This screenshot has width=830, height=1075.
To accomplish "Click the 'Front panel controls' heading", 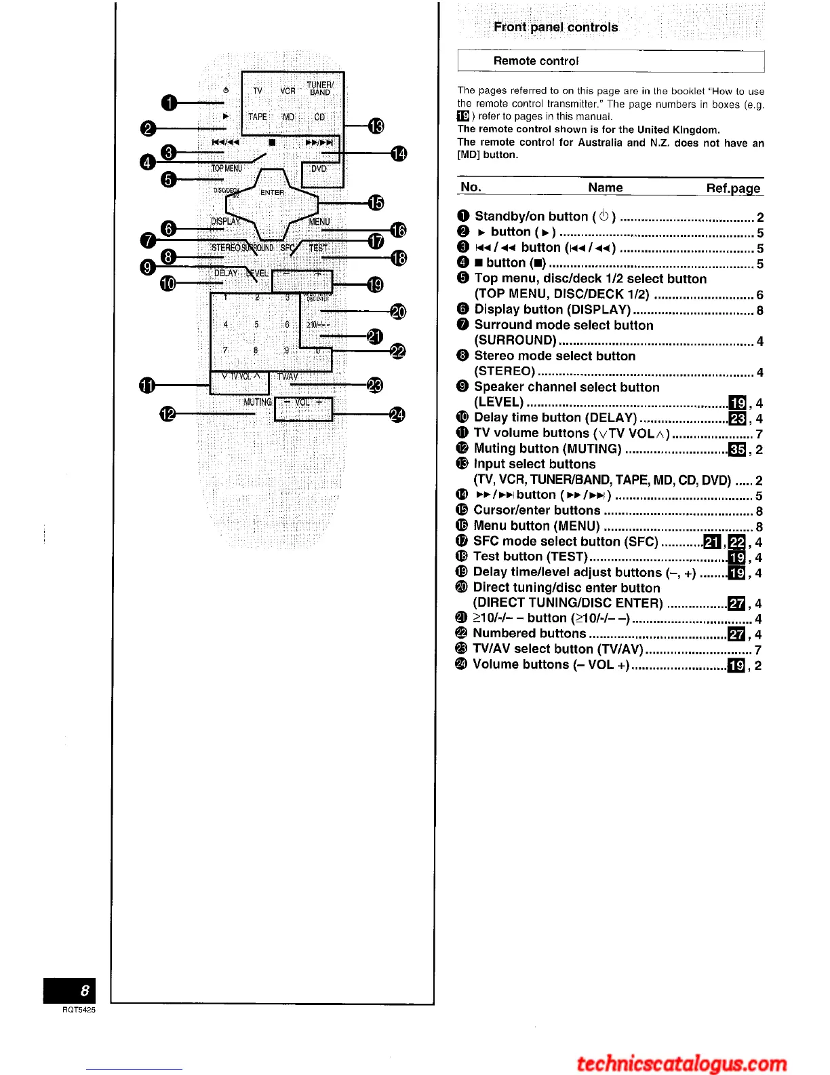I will (555, 27).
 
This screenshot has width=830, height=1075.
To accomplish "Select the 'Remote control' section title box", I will (610, 60).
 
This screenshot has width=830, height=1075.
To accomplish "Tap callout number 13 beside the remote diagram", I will (376, 126).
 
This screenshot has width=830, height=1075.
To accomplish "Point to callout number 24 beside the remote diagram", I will (397, 414).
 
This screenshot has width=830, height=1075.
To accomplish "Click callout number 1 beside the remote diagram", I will (169, 103).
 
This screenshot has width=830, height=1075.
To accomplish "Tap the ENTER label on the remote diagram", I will (272, 192).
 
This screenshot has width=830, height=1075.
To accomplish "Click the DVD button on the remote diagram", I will (319, 169).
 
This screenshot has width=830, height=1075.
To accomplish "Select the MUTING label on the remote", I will (258, 402).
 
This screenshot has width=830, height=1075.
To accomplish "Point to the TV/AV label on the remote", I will (288, 377).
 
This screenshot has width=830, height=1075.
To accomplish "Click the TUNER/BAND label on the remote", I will (320, 89).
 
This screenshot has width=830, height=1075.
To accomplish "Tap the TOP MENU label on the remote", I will (226, 168).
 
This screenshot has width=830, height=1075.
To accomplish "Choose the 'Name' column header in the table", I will (605, 188).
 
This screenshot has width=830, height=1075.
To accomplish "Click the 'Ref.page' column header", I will (733, 188).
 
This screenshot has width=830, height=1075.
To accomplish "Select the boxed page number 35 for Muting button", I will (737, 449).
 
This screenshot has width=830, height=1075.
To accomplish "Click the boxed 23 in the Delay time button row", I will (737, 418).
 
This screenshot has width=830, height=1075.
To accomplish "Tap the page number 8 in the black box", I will (84, 991).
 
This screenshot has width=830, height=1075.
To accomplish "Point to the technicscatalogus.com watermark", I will (681, 1063).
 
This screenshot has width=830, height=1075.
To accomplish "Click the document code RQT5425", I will (79, 1010).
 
